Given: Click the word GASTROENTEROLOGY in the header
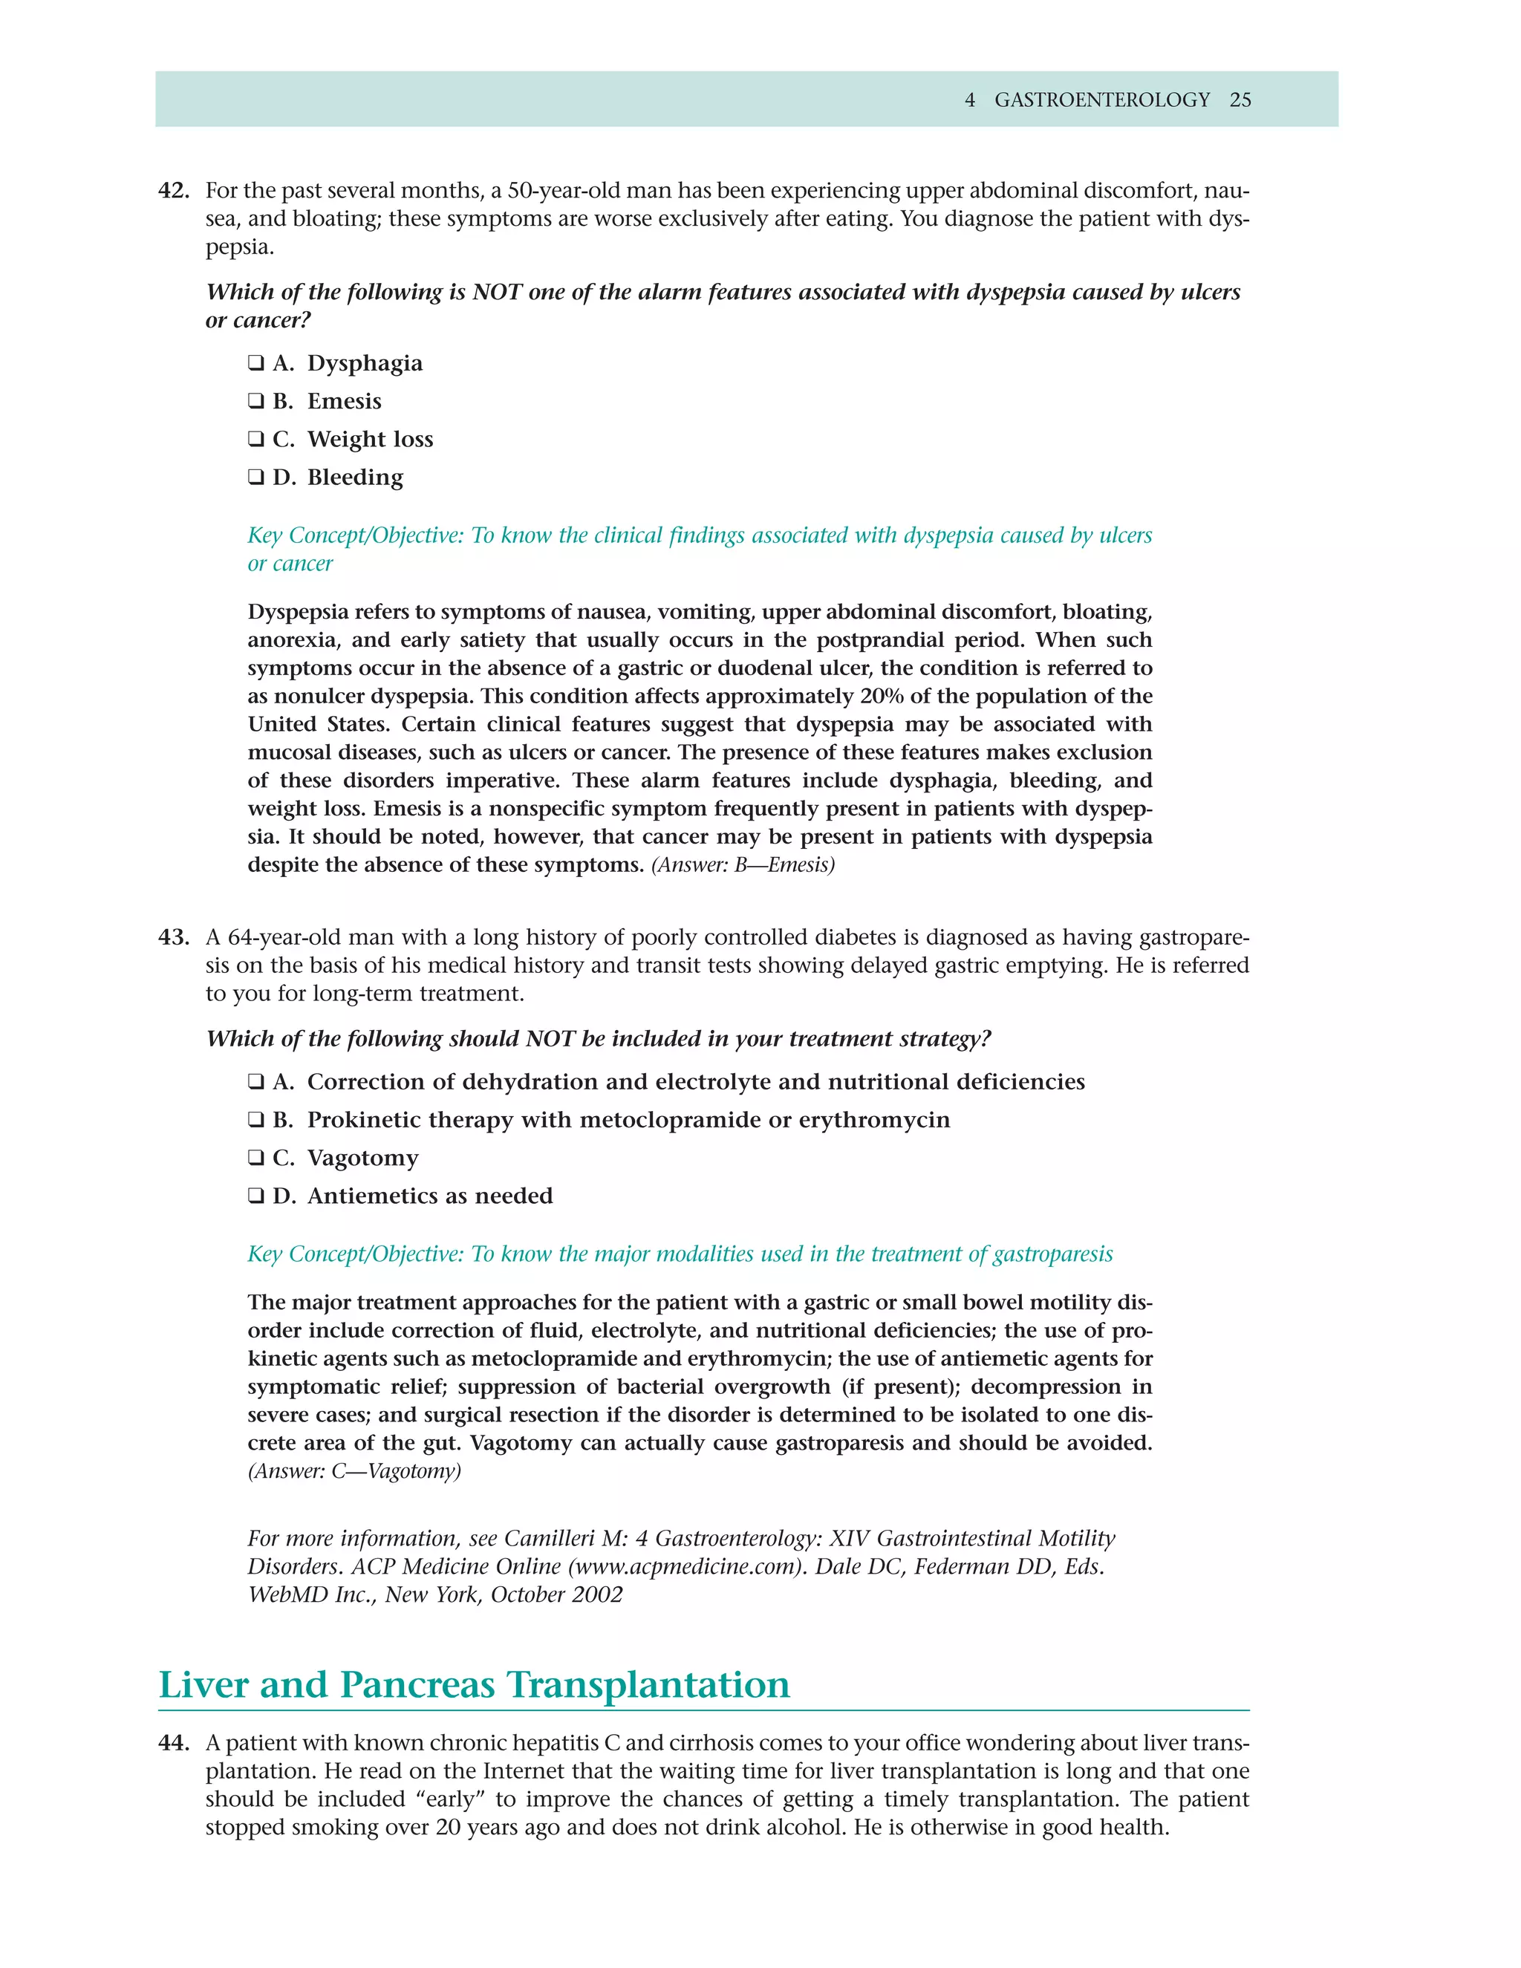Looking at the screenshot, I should (1101, 100).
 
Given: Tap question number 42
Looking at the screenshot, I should (173, 191).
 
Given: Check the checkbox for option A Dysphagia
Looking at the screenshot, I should (256, 363).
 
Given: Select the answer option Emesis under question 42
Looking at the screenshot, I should (343, 401).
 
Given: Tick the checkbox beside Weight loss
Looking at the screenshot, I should (256, 439).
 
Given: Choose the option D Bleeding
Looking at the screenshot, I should (354, 477).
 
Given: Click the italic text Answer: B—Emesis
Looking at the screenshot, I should (743, 865).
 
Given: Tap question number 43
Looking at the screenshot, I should (173, 937).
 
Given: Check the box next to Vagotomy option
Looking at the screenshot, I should (256, 1158).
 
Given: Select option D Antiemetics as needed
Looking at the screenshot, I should (429, 1196).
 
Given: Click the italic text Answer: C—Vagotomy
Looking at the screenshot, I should (354, 1471).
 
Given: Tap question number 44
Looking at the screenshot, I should (173, 1744).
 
